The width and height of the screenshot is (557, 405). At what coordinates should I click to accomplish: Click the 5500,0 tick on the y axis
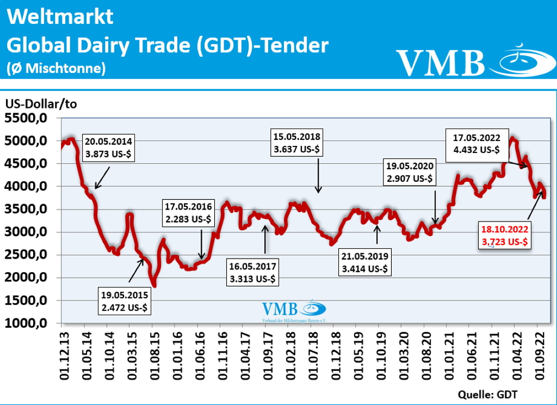click(x=26, y=118)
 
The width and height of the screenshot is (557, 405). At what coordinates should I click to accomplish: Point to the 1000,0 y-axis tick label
click(x=26, y=323)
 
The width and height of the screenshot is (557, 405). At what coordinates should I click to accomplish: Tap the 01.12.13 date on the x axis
click(x=64, y=356)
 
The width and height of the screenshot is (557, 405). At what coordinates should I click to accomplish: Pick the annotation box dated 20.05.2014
click(x=108, y=148)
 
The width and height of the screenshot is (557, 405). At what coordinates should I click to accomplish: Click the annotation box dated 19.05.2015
click(x=124, y=301)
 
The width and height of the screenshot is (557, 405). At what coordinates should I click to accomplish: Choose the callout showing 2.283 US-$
click(x=188, y=213)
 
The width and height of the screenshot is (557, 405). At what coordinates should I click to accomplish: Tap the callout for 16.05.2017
click(x=253, y=272)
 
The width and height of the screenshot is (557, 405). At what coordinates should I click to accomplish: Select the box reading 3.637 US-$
click(x=297, y=143)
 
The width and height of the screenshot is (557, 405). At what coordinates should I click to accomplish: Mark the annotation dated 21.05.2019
click(x=365, y=262)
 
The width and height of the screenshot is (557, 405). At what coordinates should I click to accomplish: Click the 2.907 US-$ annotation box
click(x=410, y=172)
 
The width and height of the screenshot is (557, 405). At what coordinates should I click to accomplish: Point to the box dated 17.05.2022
click(x=476, y=144)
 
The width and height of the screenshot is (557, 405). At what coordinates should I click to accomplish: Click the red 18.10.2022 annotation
click(x=505, y=236)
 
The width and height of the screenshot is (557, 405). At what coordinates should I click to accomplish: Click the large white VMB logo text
click(x=440, y=62)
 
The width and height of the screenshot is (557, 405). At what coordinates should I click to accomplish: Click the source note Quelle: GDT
click(x=487, y=395)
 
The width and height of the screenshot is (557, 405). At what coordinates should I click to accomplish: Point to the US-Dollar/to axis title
click(x=41, y=104)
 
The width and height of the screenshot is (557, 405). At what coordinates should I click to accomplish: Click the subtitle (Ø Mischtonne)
click(x=56, y=68)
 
